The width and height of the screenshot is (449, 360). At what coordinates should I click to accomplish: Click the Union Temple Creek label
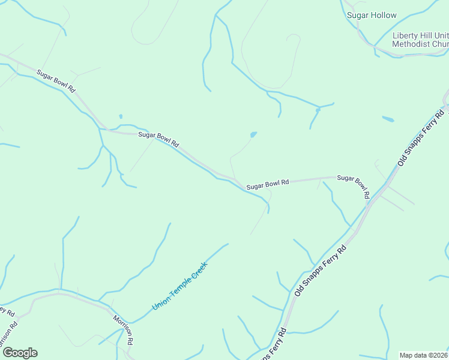coord(179,286)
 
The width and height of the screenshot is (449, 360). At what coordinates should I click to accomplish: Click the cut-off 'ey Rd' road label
coord(7,311)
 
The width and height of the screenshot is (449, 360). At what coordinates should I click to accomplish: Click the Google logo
coord(20,353)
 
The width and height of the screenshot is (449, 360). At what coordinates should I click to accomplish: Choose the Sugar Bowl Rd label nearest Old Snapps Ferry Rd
coord(353,186)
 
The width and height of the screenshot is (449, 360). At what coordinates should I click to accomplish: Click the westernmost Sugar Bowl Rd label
coord(55,81)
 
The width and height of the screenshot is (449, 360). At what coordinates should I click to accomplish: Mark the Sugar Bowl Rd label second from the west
coord(159,139)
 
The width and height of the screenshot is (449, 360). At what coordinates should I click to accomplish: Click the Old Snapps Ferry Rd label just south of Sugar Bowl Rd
coord(321,270)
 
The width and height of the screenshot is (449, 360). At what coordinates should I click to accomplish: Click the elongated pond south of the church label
coord(388,119)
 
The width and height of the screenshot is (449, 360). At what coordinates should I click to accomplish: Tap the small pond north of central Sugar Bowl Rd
coord(253,134)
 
